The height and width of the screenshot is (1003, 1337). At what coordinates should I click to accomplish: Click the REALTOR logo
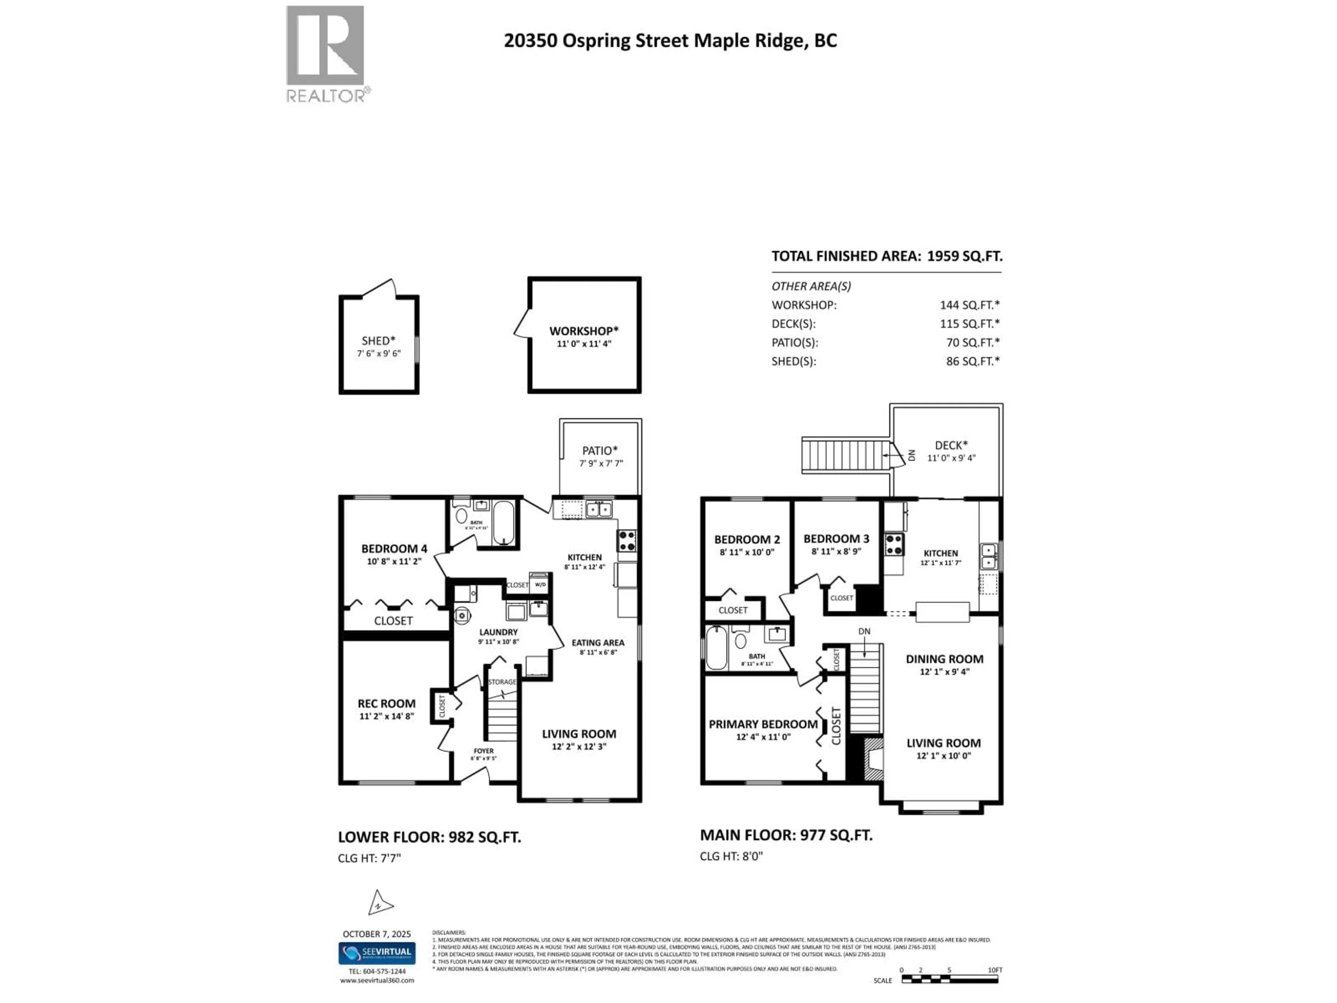325,53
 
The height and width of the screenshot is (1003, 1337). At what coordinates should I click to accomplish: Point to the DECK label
951,445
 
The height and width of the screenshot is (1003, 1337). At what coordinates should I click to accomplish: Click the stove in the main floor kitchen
894,544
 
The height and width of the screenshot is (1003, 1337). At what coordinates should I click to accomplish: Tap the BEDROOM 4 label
394,549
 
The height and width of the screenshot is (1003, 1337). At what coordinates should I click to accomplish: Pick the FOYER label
484,751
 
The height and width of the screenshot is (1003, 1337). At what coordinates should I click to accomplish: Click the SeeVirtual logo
377,954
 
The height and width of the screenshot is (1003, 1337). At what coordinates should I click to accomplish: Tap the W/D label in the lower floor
540,585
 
